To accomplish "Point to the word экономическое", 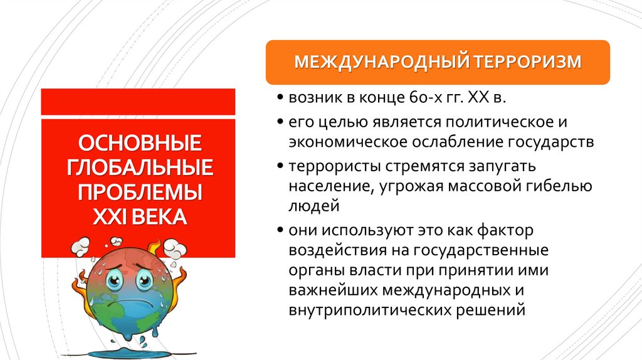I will [x=347, y=142].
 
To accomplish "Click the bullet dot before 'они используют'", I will [x=280, y=230].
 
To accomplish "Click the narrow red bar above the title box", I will [x=138, y=102].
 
